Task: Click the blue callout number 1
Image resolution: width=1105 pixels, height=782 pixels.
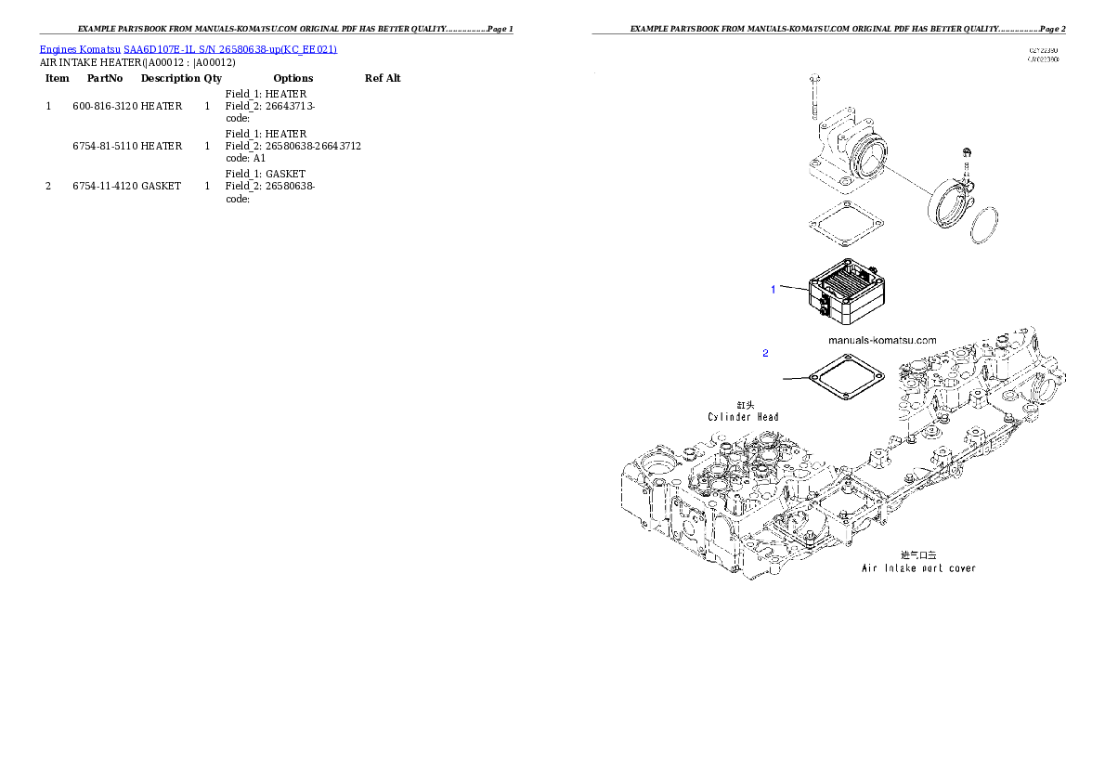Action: [x=773, y=290]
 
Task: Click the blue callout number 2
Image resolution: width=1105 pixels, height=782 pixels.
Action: [x=765, y=353]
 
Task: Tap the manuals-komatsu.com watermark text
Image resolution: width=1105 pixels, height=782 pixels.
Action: [x=882, y=340]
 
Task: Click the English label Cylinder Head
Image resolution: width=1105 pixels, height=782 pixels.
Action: [x=743, y=417]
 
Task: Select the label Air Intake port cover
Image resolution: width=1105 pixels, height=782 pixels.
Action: [x=918, y=567]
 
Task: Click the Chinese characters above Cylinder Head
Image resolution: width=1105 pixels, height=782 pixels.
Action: [x=745, y=404]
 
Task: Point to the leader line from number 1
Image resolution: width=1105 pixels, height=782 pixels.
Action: [x=794, y=290]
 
